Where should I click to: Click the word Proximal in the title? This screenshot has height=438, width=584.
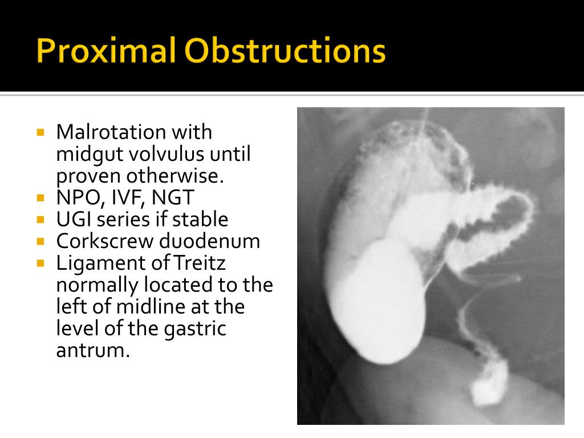pos(107,51)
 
